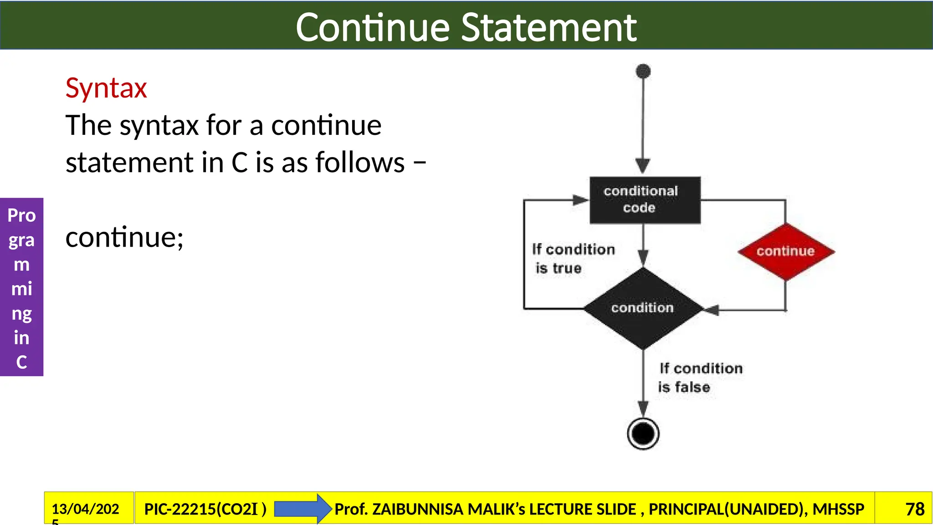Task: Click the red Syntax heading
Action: [x=106, y=88]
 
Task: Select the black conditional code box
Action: [x=644, y=200]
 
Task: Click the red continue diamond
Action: [x=785, y=251]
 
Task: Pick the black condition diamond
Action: [x=643, y=308]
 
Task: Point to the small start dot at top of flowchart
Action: [x=643, y=71]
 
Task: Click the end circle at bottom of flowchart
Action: [x=643, y=433]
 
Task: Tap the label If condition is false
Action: [x=700, y=377]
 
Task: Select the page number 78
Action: [x=914, y=509]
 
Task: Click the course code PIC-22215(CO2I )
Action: [x=205, y=509]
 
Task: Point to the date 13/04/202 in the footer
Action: [x=85, y=509]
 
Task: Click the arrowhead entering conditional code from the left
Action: [x=580, y=200]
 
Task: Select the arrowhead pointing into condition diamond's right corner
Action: [x=712, y=310]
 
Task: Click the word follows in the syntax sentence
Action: [x=360, y=162]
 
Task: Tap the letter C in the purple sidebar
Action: [x=21, y=362]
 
